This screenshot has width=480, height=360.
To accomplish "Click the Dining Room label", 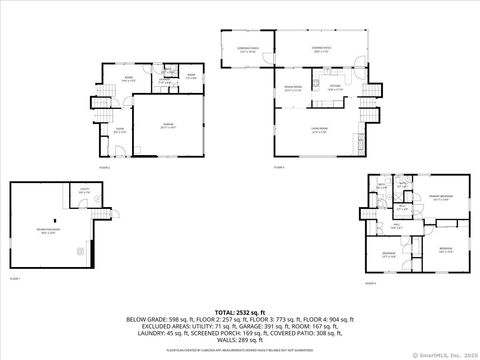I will point(293,89).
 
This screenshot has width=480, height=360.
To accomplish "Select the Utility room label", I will point(85,191).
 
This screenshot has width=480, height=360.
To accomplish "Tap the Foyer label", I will point(119,129).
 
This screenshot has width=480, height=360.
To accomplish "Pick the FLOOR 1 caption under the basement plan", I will point(15,279).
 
